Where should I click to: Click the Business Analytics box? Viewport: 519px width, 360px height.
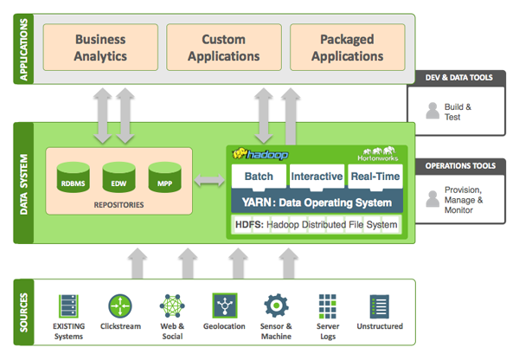click(x=101, y=48)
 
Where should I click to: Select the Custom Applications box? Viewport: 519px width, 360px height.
click(x=223, y=48)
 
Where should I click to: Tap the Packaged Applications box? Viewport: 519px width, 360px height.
click(x=346, y=48)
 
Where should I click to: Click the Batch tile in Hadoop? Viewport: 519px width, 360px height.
click(x=259, y=177)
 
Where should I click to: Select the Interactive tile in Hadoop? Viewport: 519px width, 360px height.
click(x=316, y=177)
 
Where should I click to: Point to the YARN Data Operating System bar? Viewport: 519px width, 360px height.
click(x=317, y=202)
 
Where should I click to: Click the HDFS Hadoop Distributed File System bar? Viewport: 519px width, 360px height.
click(x=317, y=225)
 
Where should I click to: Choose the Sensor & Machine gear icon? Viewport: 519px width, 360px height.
click(x=276, y=305)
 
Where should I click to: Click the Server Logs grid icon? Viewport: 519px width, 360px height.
click(x=327, y=305)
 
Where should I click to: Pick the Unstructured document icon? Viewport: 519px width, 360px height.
click(x=379, y=305)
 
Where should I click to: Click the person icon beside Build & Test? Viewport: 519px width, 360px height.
click(x=432, y=111)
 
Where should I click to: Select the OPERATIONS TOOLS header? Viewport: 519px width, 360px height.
click(x=460, y=165)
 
